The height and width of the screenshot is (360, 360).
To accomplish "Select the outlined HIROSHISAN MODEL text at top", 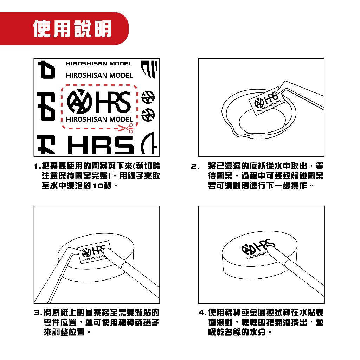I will tap(99, 64).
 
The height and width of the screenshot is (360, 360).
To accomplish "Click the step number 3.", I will tap(37, 313).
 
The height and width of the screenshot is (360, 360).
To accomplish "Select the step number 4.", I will tap(201, 313).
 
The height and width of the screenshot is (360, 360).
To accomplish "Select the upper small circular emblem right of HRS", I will tap(147, 97).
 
